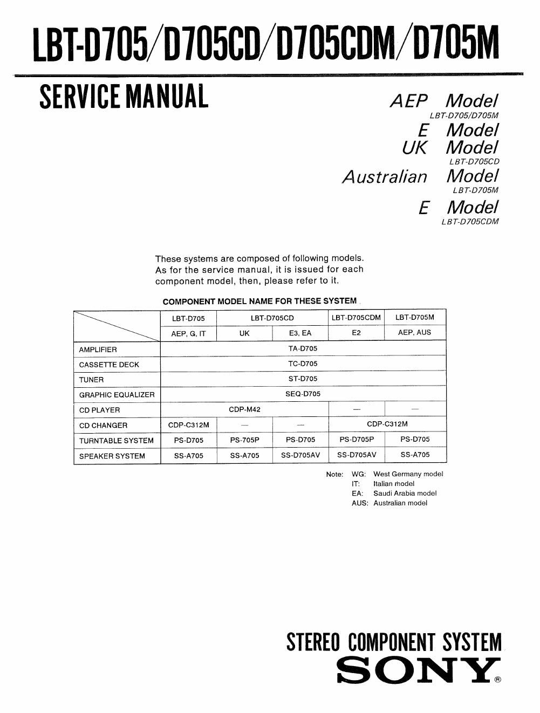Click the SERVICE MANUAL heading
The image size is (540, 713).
(124, 97)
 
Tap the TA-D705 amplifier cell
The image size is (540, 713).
(303, 348)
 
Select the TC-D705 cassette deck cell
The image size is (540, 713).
(303, 364)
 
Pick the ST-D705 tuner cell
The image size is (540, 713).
(303, 379)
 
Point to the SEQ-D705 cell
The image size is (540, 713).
(303, 394)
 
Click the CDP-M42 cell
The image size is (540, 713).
(244, 409)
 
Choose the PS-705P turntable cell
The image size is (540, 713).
(244, 440)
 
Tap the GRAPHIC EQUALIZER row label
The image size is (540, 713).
(117, 395)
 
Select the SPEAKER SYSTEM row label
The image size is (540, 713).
(112, 456)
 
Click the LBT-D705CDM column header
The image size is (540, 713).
(356, 318)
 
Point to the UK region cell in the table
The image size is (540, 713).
(244, 333)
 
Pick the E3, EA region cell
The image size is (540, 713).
(300, 333)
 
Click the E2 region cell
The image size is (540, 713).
(356, 333)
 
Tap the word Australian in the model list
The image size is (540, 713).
(385, 176)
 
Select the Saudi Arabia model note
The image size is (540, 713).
(405, 493)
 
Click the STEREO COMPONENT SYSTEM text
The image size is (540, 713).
(394, 642)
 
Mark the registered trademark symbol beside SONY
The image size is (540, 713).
(497, 680)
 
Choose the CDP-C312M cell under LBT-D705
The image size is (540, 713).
(188, 424)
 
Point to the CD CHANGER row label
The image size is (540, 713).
(103, 425)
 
